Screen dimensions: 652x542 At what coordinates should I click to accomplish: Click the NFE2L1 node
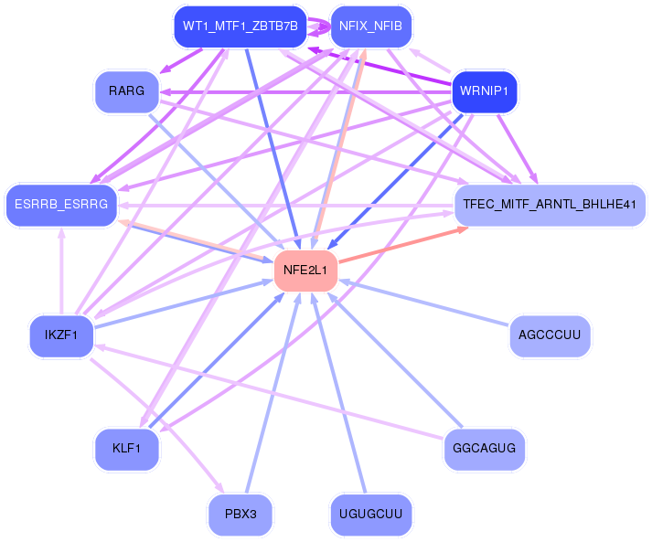[x=305, y=271]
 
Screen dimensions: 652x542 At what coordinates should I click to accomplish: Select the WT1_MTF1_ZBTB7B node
[x=240, y=27]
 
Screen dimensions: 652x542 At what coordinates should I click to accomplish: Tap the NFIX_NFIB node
[x=371, y=27]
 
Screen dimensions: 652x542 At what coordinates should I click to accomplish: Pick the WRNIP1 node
[x=485, y=91]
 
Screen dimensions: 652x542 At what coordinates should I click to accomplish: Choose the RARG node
[x=127, y=91]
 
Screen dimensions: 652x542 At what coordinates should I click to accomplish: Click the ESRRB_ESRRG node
[x=61, y=205]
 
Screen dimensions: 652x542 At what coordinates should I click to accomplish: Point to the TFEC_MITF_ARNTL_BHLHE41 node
[x=550, y=205]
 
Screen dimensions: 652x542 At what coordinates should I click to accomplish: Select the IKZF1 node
[x=61, y=335]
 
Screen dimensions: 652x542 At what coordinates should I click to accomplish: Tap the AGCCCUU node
[x=550, y=335]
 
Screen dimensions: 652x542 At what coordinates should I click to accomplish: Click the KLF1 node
[x=127, y=449]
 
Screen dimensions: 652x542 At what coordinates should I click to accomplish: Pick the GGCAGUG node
[x=485, y=449]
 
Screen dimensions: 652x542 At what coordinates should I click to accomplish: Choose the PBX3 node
[x=240, y=515]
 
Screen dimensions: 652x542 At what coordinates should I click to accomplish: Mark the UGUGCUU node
[x=371, y=515]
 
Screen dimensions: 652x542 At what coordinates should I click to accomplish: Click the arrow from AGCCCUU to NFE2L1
[x=423, y=303]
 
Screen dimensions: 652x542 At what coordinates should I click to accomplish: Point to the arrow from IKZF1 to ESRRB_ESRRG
[x=61, y=271]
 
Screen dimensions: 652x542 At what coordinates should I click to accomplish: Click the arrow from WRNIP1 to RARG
[x=305, y=92]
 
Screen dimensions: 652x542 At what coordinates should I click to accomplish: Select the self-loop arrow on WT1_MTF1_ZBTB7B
[x=319, y=27]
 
